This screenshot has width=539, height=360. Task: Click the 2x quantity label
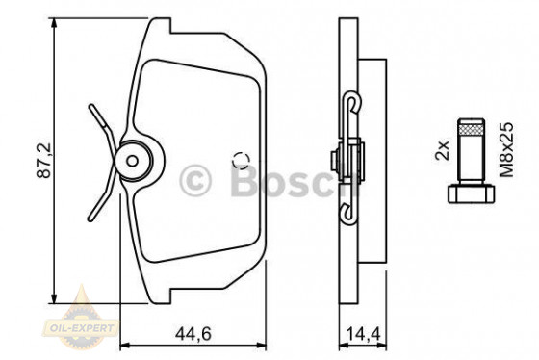click(444, 149)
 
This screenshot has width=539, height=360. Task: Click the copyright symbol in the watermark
click(195, 178)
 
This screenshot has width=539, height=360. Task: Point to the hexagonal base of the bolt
click(467, 193)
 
